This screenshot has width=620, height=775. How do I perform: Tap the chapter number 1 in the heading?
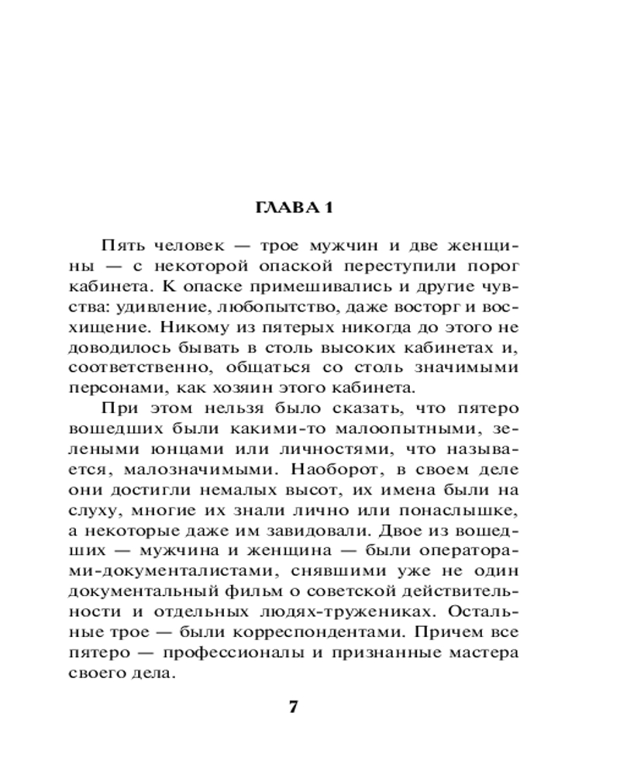point(329,208)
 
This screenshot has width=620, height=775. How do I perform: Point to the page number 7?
point(293,708)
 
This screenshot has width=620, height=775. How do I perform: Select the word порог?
point(496,266)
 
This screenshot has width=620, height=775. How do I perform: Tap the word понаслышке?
point(465,508)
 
